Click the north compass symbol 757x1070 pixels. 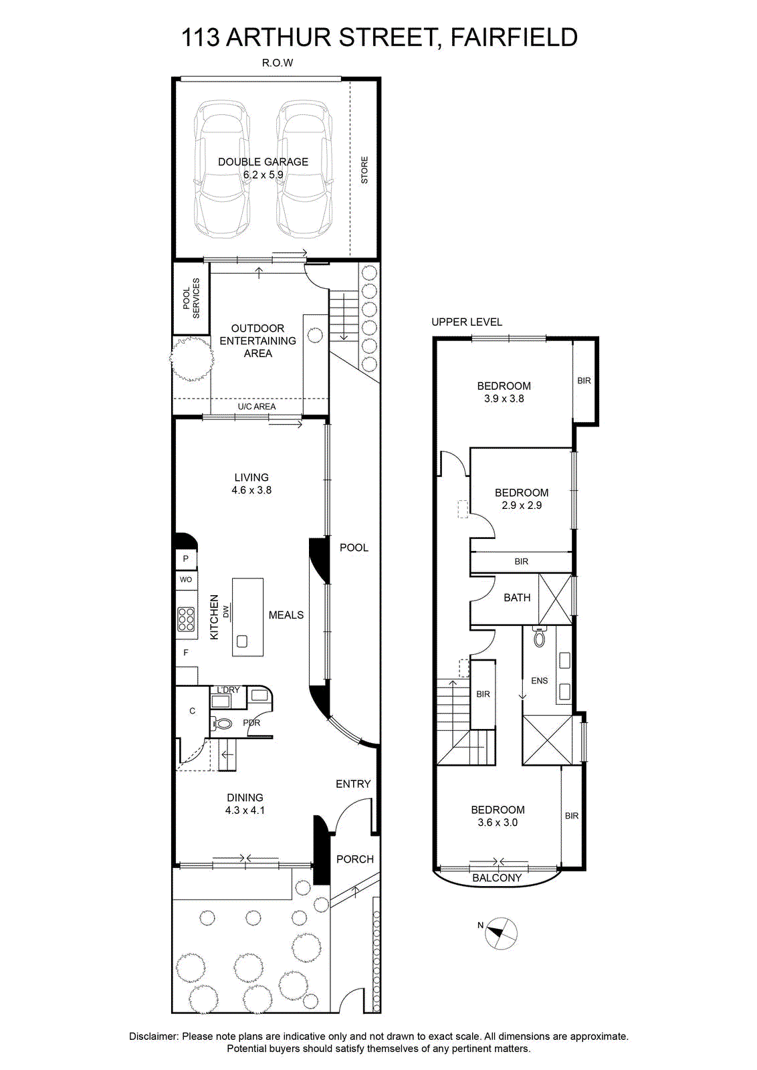coord(501,933)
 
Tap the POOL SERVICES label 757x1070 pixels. coord(191,298)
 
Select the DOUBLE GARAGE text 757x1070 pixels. coord(263,162)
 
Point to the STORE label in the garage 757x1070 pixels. coord(364,170)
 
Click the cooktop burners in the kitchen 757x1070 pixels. coord(187,619)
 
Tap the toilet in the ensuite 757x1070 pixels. coord(539,637)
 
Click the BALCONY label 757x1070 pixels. coord(497,877)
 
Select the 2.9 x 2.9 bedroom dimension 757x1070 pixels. coord(522,506)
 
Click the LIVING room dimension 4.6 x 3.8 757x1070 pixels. coord(251,490)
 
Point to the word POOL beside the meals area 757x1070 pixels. coord(354,548)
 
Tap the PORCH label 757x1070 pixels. coord(355,859)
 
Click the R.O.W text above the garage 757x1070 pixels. coord(278,63)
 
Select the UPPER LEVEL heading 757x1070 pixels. coord(467,322)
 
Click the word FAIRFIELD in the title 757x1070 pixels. coord(514,37)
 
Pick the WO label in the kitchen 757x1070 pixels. coord(186,579)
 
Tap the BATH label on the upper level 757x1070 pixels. coord(517,598)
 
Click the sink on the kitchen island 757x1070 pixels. coord(242,641)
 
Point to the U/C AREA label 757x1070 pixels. coord(257,407)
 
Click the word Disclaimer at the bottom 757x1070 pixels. coord(154,1037)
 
